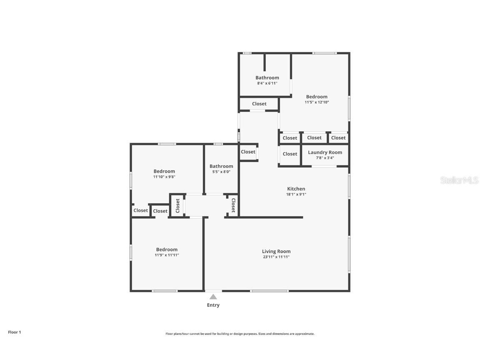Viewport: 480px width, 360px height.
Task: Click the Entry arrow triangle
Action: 213,297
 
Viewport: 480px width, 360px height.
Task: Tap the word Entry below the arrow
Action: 213,305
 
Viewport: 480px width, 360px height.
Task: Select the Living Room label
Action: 276,251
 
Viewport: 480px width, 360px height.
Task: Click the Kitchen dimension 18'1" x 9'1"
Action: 296,194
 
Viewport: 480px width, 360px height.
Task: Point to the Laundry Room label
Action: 325,152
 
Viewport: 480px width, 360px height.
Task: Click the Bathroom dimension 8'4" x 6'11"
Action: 267,83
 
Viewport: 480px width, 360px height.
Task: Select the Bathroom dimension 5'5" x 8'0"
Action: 221,172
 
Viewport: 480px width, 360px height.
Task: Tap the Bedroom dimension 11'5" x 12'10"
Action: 317,102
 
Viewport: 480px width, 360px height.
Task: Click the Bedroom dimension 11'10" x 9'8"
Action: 164,177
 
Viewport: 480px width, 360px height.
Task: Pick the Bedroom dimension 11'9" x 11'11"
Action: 167,255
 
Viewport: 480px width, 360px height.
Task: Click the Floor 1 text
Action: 14,332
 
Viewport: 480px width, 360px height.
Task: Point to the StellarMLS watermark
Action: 459,180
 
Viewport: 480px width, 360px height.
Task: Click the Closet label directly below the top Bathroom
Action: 259,104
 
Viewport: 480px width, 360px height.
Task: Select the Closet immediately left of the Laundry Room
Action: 290,154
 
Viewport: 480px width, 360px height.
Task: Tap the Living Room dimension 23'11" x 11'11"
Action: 276,257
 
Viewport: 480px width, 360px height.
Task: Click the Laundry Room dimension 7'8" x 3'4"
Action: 325,158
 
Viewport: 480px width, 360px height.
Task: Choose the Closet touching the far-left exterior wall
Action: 140,210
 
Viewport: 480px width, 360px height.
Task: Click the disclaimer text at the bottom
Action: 240,334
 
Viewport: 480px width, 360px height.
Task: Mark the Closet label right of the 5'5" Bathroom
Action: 248,152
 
